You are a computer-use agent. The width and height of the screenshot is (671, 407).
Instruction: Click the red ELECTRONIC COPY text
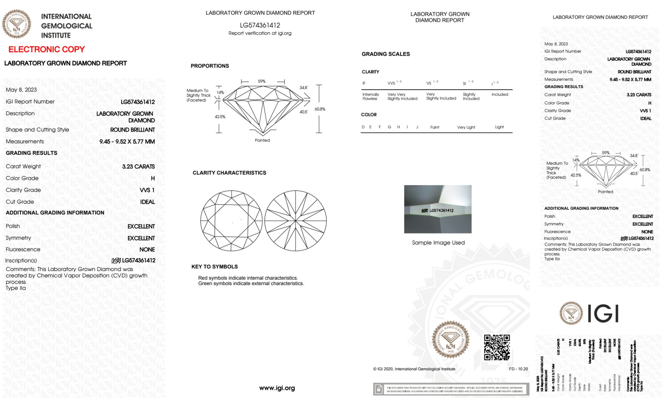coord(46,50)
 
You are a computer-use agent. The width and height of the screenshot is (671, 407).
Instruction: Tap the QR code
coord(497,347)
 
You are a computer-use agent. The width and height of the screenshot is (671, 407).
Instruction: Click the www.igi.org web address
coord(277,388)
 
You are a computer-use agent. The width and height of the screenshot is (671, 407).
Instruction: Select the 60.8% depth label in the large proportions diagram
coord(320,109)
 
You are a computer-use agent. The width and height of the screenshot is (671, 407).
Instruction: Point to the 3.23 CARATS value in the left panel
coord(138,166)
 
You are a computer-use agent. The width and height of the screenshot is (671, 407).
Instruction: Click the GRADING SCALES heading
coord(385,54)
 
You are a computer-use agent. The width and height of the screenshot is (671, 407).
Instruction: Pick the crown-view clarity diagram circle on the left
coord(231,221)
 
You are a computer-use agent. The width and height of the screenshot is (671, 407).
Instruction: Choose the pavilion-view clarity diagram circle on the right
coord(295,221)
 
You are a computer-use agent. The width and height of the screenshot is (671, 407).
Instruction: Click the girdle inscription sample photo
coord(437,209)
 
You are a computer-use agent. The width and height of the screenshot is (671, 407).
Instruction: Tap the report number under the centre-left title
coord(260,25)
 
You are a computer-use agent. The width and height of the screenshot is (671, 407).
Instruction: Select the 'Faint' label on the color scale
coord(435,127)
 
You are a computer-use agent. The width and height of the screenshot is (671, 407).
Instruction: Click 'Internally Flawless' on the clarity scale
coord(370,96)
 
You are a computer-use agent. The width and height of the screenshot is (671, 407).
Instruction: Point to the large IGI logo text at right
coord(603,314)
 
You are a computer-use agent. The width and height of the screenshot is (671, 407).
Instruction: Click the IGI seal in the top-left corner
coord(16,24)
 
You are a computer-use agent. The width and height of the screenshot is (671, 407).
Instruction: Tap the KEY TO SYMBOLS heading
coord(214,267)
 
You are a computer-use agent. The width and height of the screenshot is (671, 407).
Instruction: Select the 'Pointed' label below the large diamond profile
coord(262,140)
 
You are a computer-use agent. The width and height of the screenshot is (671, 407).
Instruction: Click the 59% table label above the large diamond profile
coord(262,81)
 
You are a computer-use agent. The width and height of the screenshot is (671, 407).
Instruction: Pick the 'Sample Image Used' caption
coord(438,243)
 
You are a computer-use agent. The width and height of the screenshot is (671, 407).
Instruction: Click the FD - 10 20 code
coord(518,369)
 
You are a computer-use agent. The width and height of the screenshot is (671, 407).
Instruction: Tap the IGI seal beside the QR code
coord(450,340)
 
